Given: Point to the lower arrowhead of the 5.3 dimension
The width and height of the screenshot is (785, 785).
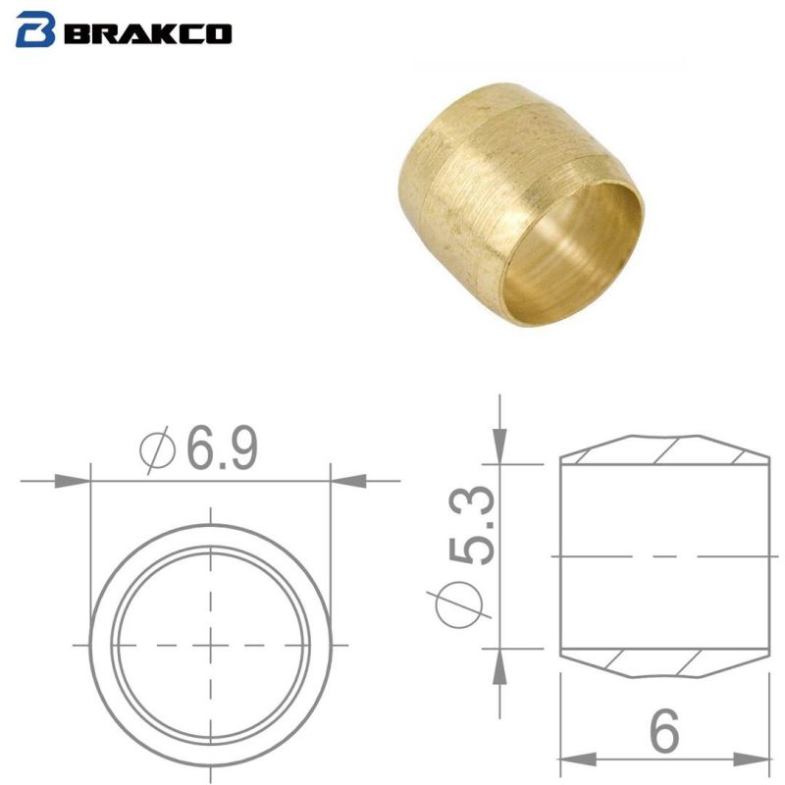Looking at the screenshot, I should click(x=501, y=667).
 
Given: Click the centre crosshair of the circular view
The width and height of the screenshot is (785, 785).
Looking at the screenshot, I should click(x=211, y=645).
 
